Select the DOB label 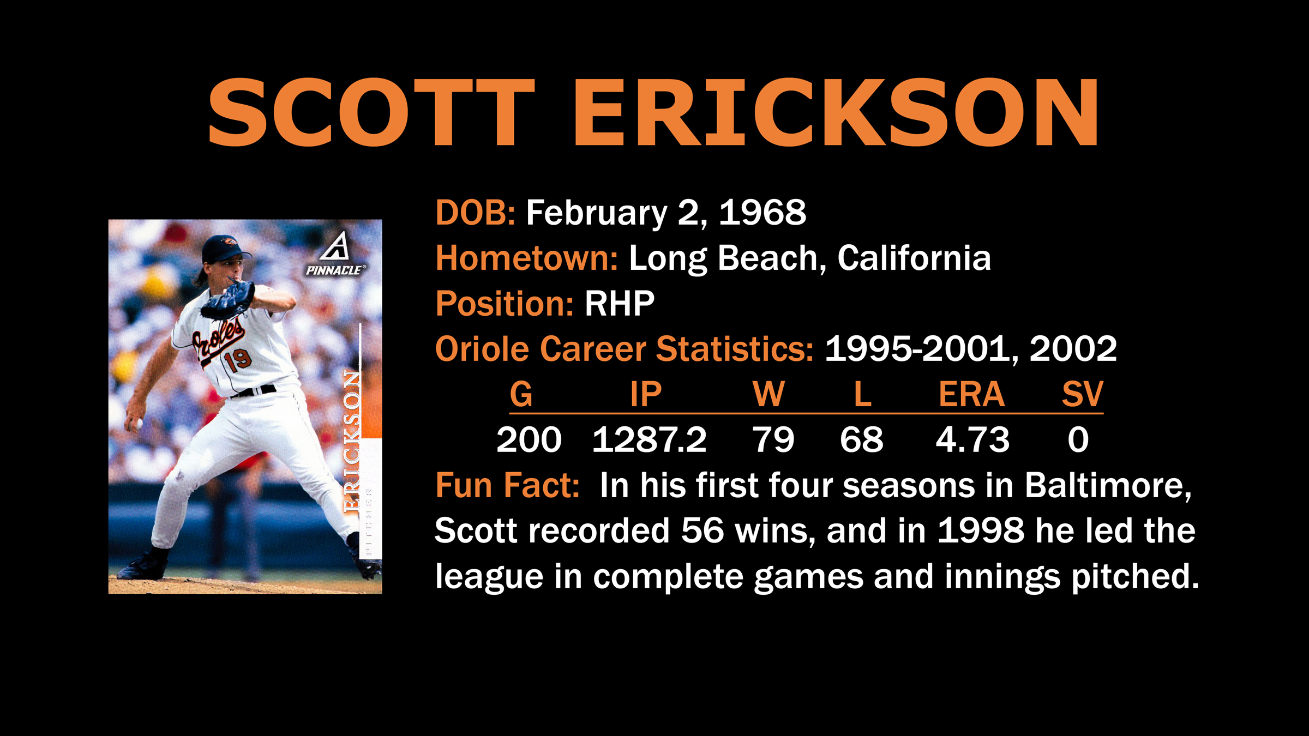coord(475,212)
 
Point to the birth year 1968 coord(762,212)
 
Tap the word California coord(914,258)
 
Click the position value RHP coord(620,303)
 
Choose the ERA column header coord(971,394)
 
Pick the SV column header coord(1083,394)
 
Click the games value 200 coord(529,439)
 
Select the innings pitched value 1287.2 coord(649,439)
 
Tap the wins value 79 coord(773,439)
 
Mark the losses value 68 coord(861,439)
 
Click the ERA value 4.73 coord(972,439)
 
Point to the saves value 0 coord(1078,439)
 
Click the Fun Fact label coord(507,485)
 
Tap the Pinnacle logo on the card coord(335,254)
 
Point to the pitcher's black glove coord(228,300)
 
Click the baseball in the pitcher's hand coord(137,423)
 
